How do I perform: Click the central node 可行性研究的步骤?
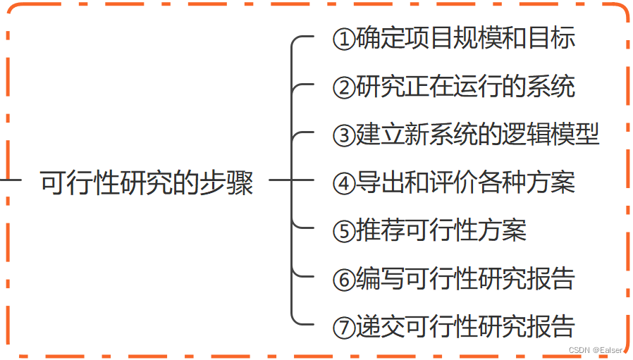(x=147, y=182)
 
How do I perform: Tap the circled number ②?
(x=343, y=87)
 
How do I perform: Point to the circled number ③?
(x=343, y=135)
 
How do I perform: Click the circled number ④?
(x=343, y=183)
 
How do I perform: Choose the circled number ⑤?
(x=343, y=231)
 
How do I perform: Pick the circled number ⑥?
(x=343, y=279)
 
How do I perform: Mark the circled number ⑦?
(x=343, y=327)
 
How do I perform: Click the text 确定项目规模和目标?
(x=465, y=38)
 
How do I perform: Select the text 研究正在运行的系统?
(x=465, y=86)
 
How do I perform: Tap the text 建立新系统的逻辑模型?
(x=477, y=134)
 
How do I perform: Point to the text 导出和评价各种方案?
(x=465, y=182)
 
